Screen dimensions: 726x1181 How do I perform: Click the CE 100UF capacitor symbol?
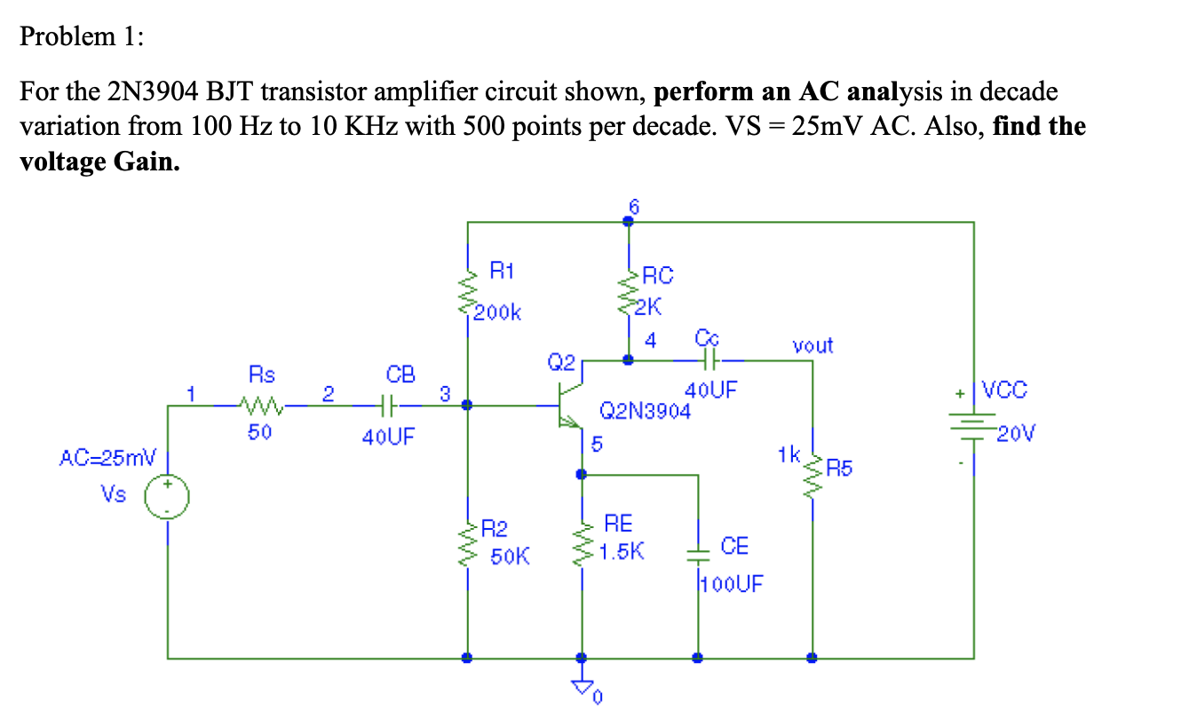click(x=698, y=556)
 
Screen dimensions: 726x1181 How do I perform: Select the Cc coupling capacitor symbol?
click(x=708, y=360)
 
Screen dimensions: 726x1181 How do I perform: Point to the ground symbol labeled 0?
click(x=583, y=685)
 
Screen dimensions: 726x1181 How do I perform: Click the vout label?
click(x=812, y=345)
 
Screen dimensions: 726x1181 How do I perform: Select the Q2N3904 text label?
click(x=645, y=411)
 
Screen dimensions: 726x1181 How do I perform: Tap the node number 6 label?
click(x=633, y=206)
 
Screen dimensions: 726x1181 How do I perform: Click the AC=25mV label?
click(x=107, y=459)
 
